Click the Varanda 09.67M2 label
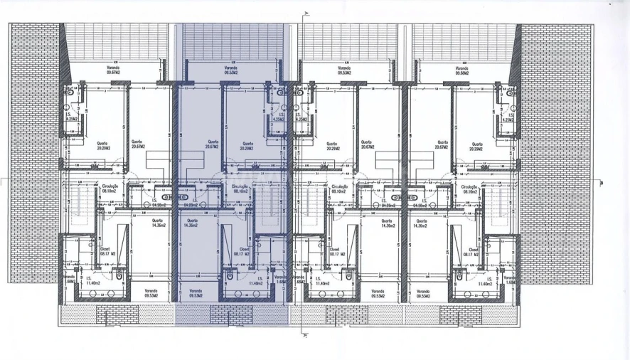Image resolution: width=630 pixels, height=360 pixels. [113, 70]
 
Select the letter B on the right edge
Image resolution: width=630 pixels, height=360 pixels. [602, 183]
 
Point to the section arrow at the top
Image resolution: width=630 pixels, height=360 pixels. [305, 14]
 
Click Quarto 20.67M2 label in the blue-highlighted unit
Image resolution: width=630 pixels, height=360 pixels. [211, 144]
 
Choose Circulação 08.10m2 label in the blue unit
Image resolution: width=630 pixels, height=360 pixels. [240, 189]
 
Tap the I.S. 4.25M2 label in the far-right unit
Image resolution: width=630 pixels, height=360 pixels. [507, 117]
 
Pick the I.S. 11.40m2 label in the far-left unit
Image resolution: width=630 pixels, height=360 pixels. [92, 281]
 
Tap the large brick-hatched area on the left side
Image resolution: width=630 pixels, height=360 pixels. [34, 153]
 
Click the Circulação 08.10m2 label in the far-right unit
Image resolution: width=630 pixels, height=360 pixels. [469, 189]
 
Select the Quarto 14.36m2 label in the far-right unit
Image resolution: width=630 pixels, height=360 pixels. [422, 223]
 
